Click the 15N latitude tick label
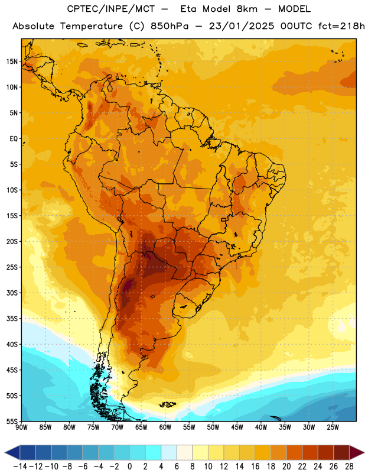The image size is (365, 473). [x=12, y=61]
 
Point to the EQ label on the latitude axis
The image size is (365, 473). [x=14, y=139]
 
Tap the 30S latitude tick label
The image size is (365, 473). [x=12, y=293]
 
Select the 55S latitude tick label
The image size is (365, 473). [x=12, y=422]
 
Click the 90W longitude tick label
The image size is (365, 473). [x=21, y=427]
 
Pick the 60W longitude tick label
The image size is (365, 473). [x=165, y=427]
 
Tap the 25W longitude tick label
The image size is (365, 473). [x=333, y=427]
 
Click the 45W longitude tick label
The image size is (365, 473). [x=237, y=427]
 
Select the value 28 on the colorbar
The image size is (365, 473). [x=349, y=466]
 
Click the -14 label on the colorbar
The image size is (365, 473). [x=20, y=466]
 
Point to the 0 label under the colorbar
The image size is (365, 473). [x=129, y=466]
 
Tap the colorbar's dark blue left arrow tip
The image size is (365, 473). [x=5, y=452]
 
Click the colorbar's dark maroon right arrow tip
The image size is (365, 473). [x=364, y=452]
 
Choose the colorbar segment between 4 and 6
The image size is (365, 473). [x=169, y=452]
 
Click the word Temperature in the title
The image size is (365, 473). [x=92, y=26]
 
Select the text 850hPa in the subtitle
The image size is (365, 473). [x=170, y=26]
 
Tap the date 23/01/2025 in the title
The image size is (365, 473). [x=242, y=26]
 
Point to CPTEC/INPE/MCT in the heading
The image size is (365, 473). [x=110, y=9]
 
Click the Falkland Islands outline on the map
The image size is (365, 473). [x=168, y=404]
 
